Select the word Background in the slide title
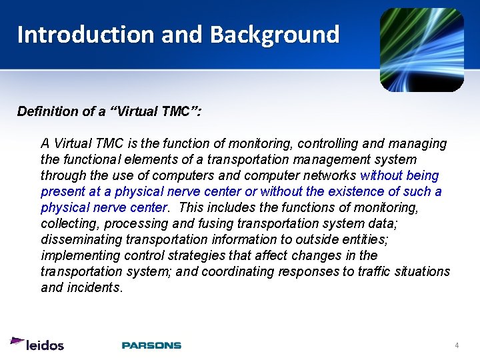coord(275,34)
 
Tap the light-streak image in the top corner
coord(421,50)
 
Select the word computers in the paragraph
coord(182,176)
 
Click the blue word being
coord(425,176)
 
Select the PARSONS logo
coord(151,345)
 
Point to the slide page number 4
coord(457,345)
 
